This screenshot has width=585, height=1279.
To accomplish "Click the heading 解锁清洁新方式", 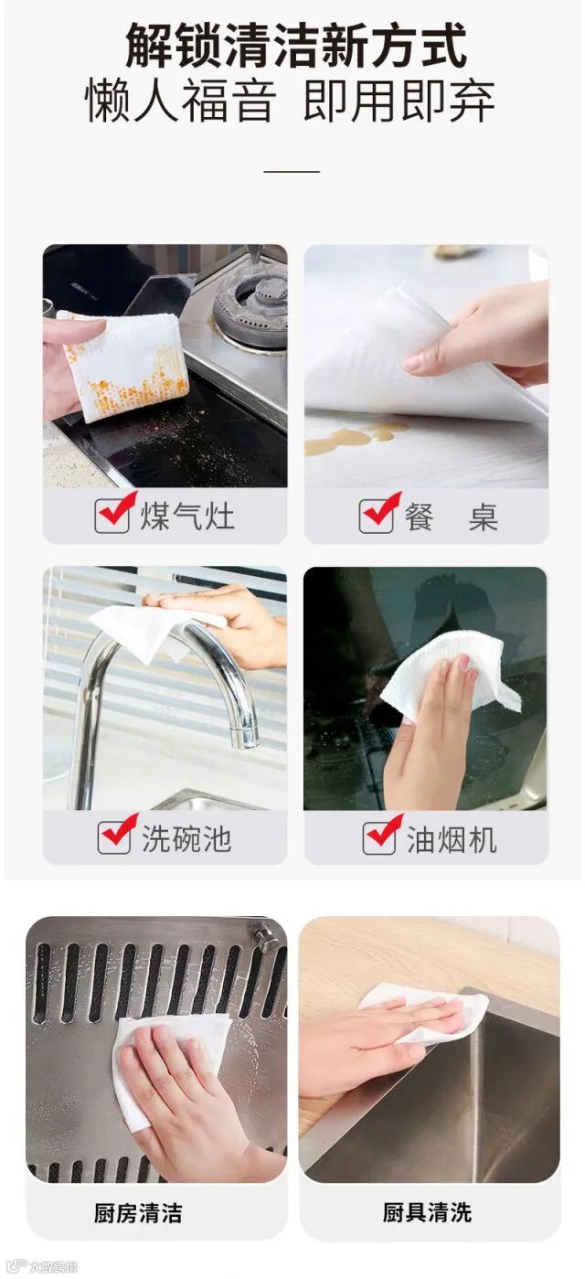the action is [x=295, y=47].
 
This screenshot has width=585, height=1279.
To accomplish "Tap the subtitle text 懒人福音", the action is [x=180, y=101].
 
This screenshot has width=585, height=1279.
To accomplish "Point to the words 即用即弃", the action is [x=399, y=101].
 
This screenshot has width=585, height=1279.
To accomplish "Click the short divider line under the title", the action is [x=292, y=171].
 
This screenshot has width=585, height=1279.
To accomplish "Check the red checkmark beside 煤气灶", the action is [x=118, y=508].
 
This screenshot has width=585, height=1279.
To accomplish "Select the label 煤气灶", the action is [x=187, y=517].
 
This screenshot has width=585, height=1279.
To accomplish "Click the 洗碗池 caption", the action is [x=186, y=838].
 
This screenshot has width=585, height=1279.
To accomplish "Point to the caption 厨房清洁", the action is [x=138, y=1213].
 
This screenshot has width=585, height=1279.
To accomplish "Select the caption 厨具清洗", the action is [x=427, y=1211].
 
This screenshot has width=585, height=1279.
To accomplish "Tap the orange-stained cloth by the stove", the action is [x=128, y=365].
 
